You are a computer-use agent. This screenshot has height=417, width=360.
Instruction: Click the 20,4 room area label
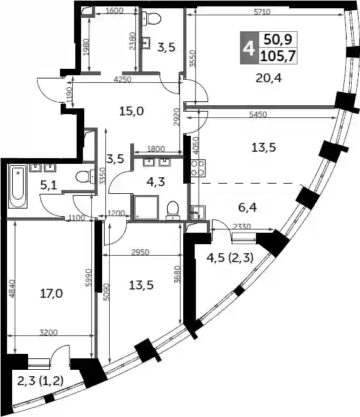(268, 78)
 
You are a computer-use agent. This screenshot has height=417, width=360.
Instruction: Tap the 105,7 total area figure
(278, 56)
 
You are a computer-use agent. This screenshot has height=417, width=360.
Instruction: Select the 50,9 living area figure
(278, 40)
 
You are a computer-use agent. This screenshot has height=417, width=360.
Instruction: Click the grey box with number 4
(249, 48)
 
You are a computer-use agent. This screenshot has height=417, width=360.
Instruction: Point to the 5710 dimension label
(262, 11)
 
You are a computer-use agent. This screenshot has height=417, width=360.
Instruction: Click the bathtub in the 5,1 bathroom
(18, 186)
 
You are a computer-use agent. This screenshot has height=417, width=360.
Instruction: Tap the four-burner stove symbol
(198, 168)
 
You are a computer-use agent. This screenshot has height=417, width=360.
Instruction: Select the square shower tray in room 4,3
(146, 208)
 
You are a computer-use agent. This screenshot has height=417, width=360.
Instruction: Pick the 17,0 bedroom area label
(51, 293)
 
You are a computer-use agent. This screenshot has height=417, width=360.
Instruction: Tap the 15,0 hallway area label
(131, 111)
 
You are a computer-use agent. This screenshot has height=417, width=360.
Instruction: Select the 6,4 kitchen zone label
(248, 207)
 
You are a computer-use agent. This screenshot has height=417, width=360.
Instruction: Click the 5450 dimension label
(257, 114)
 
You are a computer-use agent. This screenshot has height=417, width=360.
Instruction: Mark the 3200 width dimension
(49, 332)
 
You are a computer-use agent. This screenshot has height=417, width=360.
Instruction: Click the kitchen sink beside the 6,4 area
(198, 212)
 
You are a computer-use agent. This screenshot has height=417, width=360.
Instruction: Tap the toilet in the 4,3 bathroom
(173, 210)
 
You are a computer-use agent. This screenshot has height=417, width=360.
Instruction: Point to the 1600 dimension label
(114, 11)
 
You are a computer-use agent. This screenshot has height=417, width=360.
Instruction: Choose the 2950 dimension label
(140, 252)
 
